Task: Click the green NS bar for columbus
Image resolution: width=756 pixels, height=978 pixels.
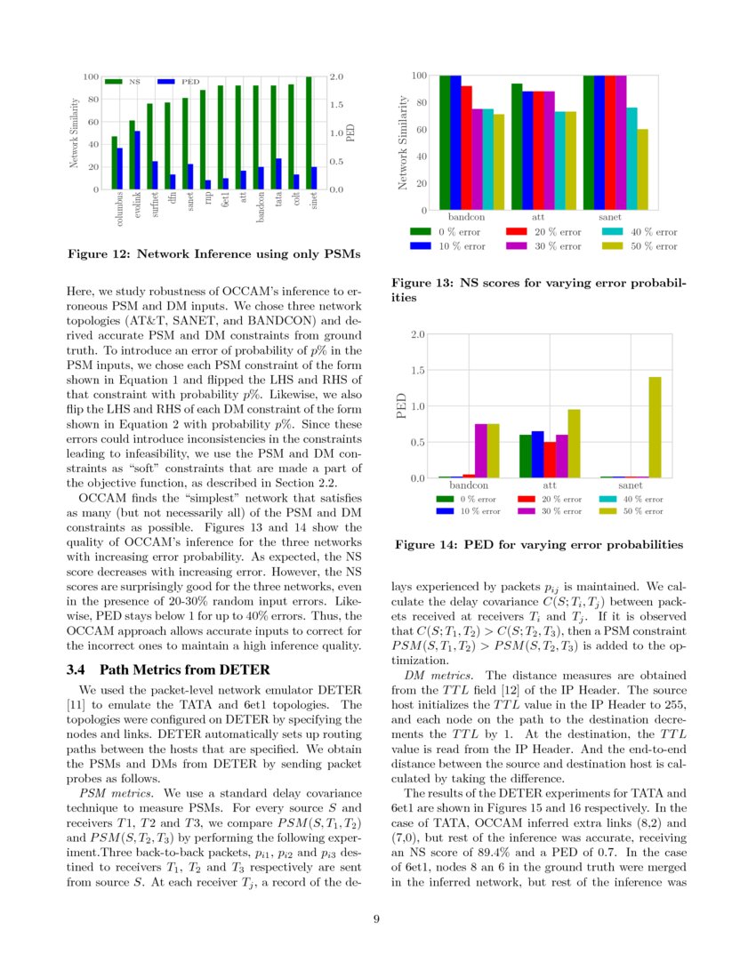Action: [x=114, y=164]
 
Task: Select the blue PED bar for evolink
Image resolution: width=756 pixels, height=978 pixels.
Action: [x=137, y=161]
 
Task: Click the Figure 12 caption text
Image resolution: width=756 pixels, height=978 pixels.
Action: [x=214, y=255]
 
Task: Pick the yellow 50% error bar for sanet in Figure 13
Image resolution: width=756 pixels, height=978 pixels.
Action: [x=642, y=170]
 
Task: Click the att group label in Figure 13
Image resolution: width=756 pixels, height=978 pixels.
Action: [x=538, y=217]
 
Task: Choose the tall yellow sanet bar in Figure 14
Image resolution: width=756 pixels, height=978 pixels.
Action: [x=655, y=428]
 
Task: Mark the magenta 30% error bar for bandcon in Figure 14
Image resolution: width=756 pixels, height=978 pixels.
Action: [x=481, y=451]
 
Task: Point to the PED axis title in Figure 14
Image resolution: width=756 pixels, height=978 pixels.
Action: [x=402, y=406]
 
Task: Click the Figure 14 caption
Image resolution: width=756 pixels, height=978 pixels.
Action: [x=538, y=544]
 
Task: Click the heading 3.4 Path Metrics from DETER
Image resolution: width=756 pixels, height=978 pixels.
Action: [x=168, y=669]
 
